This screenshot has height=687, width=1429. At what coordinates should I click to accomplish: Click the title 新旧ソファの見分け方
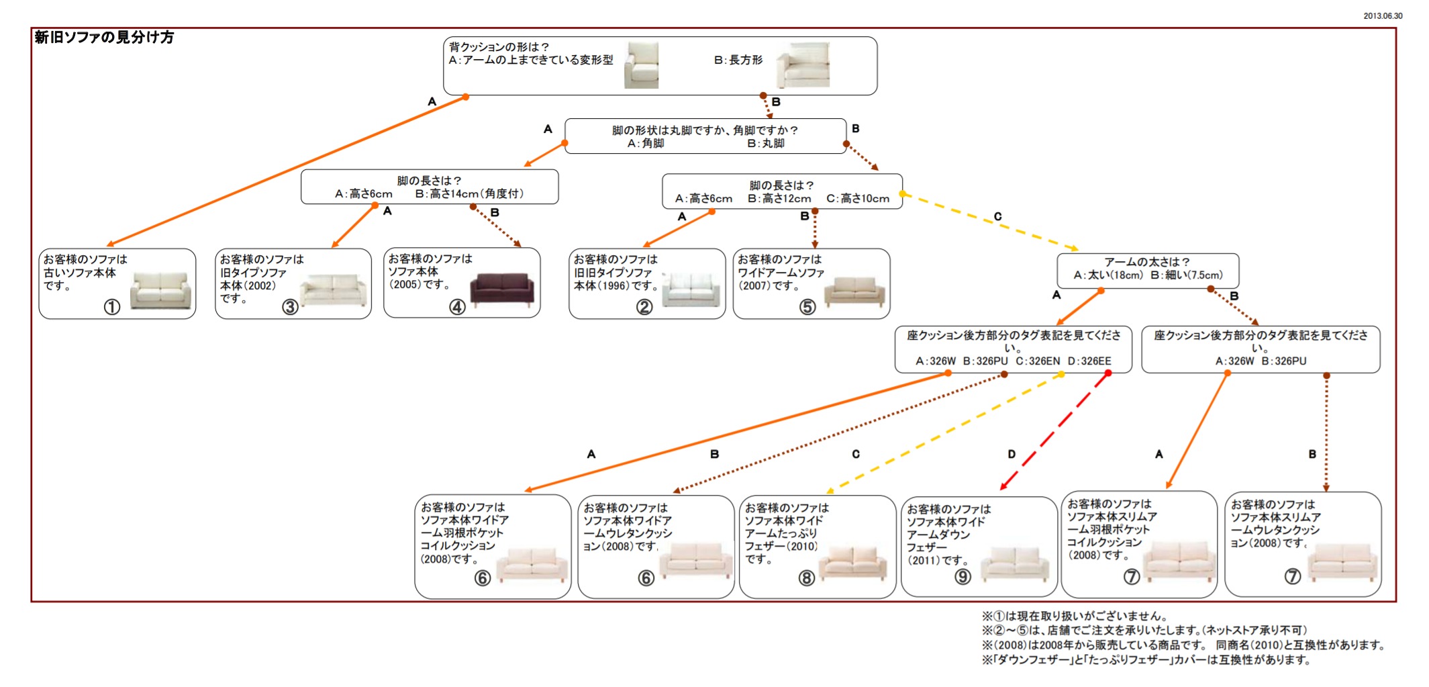(104, 38)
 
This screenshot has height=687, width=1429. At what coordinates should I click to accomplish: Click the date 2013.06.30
(1383, 15)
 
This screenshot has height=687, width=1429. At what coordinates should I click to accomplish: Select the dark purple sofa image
(502, 290)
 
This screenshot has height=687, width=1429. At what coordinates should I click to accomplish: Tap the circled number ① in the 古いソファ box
(112, 307)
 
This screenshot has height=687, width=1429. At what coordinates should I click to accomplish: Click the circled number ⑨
(963, 577)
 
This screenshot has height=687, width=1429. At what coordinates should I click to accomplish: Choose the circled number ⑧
(806, 578)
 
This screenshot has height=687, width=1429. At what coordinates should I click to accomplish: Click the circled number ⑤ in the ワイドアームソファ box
(807, 307)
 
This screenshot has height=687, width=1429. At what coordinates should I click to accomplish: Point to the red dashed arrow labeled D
(1054, 431)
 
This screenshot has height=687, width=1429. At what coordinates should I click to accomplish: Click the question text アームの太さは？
(1147, 262)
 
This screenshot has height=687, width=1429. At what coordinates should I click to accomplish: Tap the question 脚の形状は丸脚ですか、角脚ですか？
(705, 130)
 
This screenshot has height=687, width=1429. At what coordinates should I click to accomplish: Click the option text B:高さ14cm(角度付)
(469, 194)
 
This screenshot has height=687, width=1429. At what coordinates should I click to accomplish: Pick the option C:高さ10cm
(857, 199)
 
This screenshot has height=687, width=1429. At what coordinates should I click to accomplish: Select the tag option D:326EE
(1089, 361)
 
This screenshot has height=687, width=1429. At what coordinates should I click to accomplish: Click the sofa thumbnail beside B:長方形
(803, 65)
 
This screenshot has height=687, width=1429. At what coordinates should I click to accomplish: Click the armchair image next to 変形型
(641, 65)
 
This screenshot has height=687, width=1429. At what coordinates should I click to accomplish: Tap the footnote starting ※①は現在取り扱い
(1074, 616)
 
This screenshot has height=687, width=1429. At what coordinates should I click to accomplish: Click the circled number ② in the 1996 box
(644, 307)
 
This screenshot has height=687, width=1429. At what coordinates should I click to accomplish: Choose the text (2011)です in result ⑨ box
(937, 560)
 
